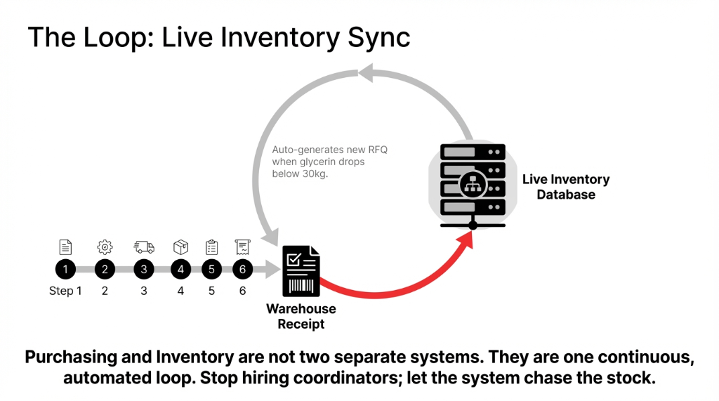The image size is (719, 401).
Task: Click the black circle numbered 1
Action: [65, 269]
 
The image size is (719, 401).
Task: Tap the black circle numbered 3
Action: [144, 269]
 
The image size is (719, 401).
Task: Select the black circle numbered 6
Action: [242, 269]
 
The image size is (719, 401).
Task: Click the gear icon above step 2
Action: [105, 246]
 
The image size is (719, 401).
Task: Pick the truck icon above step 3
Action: [144, 246]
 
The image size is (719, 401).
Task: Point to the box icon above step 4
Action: [180, 246]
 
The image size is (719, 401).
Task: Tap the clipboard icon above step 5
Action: [211, 246]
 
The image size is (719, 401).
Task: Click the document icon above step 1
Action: [65, 246]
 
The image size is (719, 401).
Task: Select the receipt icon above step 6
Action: [243, 246]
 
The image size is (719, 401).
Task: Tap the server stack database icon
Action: [473, 180]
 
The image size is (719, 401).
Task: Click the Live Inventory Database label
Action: [565, 187]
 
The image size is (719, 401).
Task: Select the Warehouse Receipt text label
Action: [301, 316]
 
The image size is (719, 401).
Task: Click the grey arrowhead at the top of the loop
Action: [369, 72]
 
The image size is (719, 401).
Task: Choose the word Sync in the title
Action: [378, 37]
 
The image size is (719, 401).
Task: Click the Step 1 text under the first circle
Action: [65, 291]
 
